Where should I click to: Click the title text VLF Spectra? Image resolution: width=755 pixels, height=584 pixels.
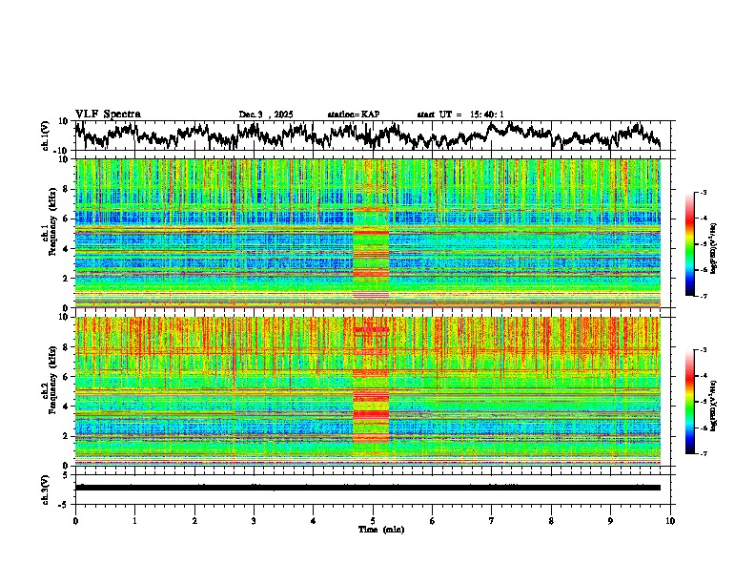(108, 115)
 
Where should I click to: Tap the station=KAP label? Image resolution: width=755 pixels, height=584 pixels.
(354, 115)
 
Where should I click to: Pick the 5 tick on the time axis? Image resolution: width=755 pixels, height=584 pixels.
(373, 520)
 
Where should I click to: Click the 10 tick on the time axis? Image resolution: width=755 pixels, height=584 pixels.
(670, 520)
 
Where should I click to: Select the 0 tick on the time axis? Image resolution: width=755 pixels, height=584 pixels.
(75, 520)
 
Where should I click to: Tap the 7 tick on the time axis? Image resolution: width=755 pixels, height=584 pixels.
(492, 520)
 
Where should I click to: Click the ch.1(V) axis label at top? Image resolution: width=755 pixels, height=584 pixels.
(45, 136)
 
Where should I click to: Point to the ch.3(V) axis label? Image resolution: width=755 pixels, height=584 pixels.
(45, 487)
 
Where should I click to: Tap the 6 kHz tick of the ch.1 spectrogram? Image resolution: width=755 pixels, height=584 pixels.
(68, 219)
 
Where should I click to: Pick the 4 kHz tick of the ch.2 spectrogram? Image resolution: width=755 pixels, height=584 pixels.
(68, 406)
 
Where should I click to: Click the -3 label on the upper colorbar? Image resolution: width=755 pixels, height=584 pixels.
(713, 193)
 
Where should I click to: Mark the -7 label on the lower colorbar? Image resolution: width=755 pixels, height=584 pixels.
(713, 453)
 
